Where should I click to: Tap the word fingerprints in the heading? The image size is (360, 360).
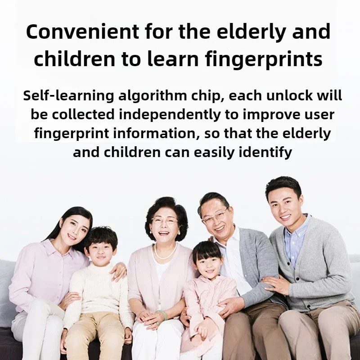264,59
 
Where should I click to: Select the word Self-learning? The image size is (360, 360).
68,95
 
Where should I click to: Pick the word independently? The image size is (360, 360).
170,115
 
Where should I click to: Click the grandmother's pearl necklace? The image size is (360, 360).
165,252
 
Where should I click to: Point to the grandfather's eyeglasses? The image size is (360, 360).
215,216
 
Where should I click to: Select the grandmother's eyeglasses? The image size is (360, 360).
164,221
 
